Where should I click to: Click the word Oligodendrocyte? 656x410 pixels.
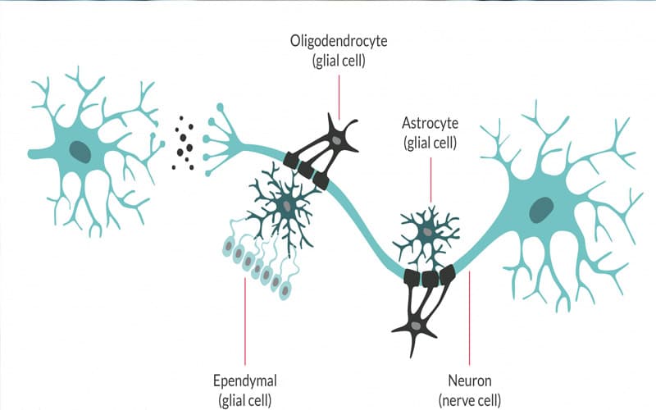pos(339,42)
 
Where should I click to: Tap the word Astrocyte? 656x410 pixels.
pos(430,124)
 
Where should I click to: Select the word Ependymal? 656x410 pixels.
pos(244,381)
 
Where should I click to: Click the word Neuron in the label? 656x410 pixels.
pos(469,380)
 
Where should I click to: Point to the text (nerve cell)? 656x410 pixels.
pos(469,400)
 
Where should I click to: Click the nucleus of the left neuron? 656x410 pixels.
pos(80,152)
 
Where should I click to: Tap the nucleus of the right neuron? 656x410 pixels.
pos(541,210)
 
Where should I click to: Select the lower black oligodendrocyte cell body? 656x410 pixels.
pos(415,326)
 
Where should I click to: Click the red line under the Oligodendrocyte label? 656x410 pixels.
pos(339,98)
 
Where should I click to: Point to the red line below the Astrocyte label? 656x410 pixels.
pos(430,180)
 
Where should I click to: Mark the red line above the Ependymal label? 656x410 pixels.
pos(244,321)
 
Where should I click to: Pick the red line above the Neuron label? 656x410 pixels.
pos(469,318)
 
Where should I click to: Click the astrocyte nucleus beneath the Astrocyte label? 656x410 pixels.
pos(427,231)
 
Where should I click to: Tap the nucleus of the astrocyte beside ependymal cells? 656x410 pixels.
pos(287,206)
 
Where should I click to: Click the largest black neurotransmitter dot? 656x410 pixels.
pos(189,148)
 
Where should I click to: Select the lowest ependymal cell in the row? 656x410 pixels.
pos(285,290)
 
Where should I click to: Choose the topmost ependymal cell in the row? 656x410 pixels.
pos(229,246)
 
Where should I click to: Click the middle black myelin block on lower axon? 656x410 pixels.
pos(430,278)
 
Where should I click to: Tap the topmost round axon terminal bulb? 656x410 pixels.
pos(220,107)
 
